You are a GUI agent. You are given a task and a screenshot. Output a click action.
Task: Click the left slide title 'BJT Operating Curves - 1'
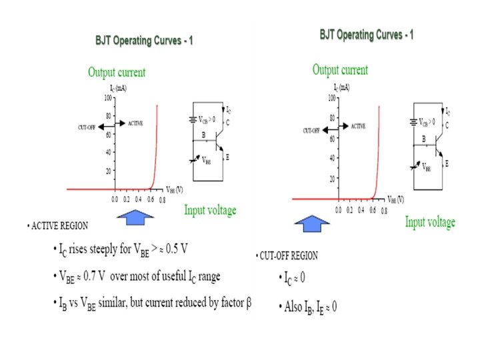[144, 41]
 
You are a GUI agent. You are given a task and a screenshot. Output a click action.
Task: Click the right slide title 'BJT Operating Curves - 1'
[366, 34]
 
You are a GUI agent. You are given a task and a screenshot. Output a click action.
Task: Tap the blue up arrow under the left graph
[135, 214]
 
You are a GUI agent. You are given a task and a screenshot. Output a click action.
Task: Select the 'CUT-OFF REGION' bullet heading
[288, 255]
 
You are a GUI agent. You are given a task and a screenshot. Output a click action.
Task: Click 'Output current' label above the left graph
[116, 73]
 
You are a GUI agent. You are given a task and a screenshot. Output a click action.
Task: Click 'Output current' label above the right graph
[340, 70]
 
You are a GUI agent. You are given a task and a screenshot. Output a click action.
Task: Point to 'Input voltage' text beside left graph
[210, 211]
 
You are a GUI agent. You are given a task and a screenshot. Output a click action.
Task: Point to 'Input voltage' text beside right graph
[430, 222]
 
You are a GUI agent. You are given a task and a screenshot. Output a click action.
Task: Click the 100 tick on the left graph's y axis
[108, 98]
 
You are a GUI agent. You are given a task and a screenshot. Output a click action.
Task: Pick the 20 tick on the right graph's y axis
[331, 179]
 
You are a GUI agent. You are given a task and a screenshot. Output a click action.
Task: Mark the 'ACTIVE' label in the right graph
[358, 126]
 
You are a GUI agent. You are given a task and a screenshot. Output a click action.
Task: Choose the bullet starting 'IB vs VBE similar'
[151, 305]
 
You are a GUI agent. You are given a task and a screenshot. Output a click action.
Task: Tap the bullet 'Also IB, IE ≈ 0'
[307, 307]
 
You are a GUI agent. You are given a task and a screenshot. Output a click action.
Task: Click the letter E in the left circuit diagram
[227, 157]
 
